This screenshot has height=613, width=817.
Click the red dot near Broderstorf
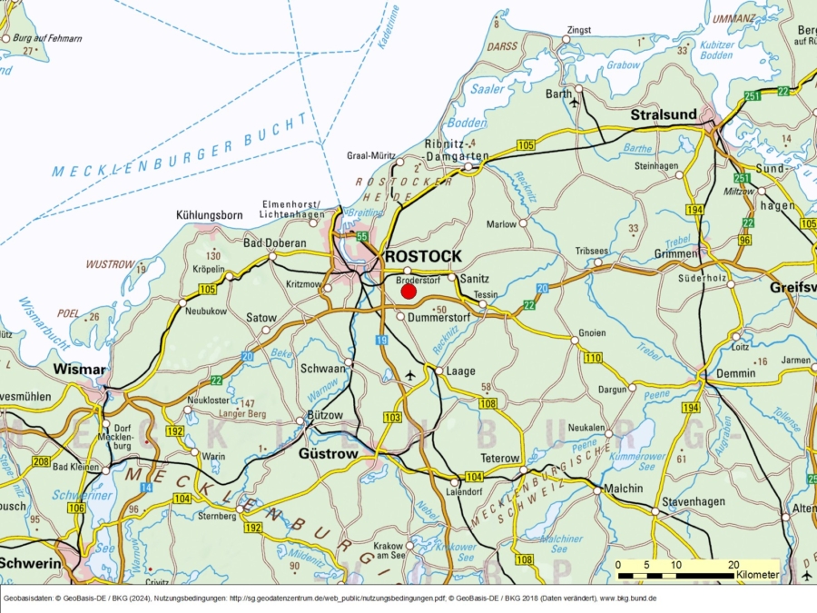click(408, 292)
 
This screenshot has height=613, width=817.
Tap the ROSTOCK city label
click(423, 257)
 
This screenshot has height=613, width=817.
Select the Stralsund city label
click(664, 115)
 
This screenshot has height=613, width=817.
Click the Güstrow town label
click(329, 453)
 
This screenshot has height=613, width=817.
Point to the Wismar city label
click(81, 370)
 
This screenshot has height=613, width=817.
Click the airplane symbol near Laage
click(410, 375)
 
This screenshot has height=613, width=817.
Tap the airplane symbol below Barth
click(574, 103)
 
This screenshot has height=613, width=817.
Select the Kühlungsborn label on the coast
click(209, 215)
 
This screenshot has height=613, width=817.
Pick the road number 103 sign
click(392, 417)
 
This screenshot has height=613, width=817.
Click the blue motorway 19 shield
click(381, 340)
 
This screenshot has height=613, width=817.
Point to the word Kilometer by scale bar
click(757, 575)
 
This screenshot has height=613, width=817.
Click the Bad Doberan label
click(275, 243)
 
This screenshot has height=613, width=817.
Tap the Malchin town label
click(623, 488)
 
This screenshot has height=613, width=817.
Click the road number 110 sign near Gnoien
click(593, 359)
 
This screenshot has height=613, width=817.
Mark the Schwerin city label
click(31, 564)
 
